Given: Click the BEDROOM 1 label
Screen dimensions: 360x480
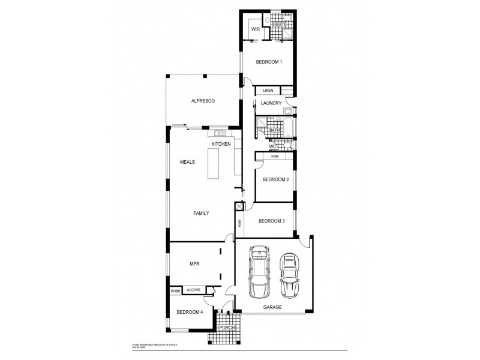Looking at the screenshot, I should pos(269,62).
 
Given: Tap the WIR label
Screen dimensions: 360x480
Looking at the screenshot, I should pos(254,29).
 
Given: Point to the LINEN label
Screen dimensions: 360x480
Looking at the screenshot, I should pos(268,91).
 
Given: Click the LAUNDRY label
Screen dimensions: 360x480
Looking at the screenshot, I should pos(272,103).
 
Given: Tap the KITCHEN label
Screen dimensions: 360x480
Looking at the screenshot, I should pos(221,145).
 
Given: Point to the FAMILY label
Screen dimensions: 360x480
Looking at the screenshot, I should pos(200,213).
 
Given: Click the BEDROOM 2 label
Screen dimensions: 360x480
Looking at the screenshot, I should pos(276,179).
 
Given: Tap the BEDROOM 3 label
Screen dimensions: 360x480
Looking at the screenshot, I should pos(271,221).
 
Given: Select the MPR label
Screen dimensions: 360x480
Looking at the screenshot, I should pos(194,263).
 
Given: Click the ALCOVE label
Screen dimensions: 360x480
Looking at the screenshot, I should pos(193,290).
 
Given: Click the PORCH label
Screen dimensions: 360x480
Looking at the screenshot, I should pos(226,328).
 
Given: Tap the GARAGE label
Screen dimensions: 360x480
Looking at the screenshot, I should pos(272,307).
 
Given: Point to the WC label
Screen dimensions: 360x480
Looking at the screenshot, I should pos(272,146).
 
